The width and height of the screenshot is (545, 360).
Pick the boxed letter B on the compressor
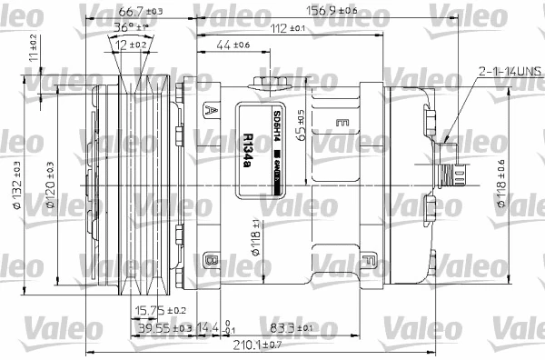212,261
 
